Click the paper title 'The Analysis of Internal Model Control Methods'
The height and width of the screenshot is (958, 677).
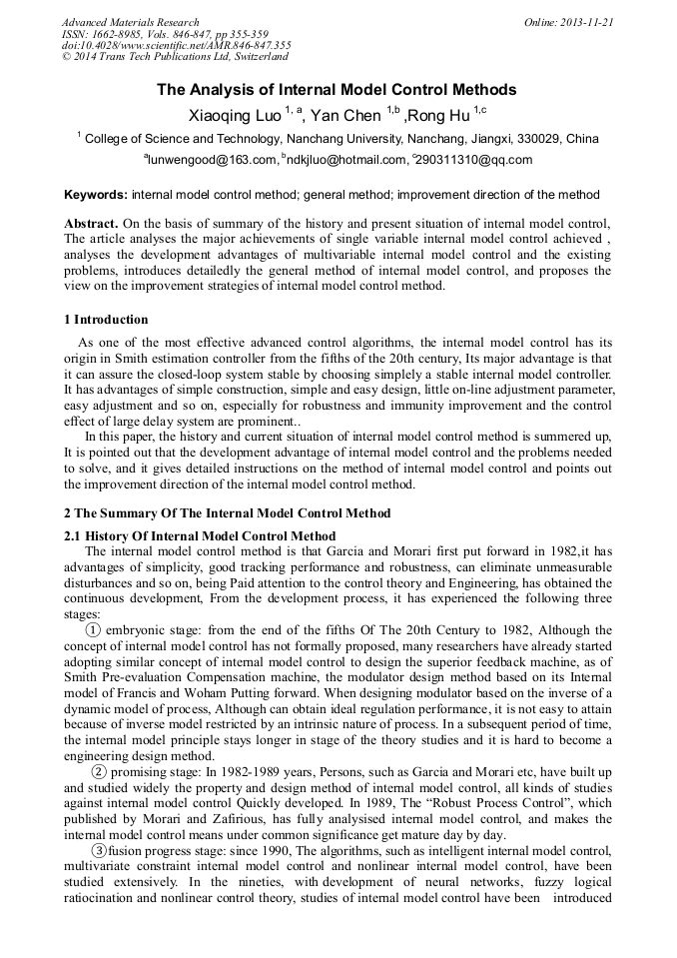pyautogui.click(x=337, y=90)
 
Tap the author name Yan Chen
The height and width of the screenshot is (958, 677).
pyautogui.click(x=346, y=116)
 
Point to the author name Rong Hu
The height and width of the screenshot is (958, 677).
pyautogui.click(x=438, y=116)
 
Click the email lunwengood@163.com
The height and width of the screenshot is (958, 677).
pyautogui.click(x=211, y=160)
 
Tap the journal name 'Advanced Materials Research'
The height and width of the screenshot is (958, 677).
pyautogui.click(x=130, y=22)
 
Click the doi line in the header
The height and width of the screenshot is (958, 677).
pyautogui.click(x=176, y=45)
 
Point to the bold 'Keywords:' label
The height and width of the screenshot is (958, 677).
pyautogui.click(x=96, y=194)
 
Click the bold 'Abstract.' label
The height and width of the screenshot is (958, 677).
pyautogui.click(x=92, y=223)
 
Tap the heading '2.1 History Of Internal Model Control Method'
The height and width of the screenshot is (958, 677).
pyautogui.click(x=200, y=536)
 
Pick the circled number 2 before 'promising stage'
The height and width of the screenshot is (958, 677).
pyautogui.click(x=100, y=772)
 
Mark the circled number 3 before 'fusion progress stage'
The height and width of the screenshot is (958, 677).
pyautogui.click(x=100, y=850)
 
